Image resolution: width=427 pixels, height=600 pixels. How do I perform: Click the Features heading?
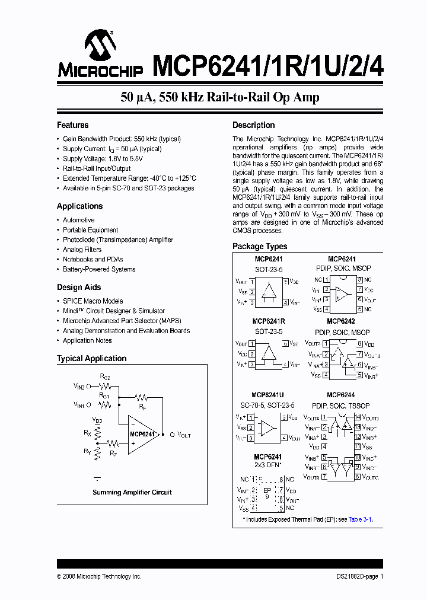point(72,125)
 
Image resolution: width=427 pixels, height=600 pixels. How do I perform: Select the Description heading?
point(253,125)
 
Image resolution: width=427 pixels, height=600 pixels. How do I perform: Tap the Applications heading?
point(79,206)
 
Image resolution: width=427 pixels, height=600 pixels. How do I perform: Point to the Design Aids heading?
point(78,287)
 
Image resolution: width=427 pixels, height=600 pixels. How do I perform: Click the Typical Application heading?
point(91,358)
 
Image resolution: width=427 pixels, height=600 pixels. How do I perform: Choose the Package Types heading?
point(260,246)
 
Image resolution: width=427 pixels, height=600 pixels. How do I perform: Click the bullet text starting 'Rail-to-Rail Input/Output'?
point(97,168)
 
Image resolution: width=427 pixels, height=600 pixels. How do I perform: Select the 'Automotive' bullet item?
point(79,220)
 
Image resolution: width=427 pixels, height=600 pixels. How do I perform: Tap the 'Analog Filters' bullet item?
point(82,250)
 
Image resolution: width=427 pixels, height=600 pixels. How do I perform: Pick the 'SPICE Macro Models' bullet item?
point(93,301)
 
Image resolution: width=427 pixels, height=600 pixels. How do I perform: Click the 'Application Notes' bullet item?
point(87,340)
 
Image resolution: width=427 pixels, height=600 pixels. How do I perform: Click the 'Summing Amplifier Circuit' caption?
point(132,492)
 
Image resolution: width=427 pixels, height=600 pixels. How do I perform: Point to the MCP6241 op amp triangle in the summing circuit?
point(141,435)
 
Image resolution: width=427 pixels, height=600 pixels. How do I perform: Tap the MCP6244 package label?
point(340,395)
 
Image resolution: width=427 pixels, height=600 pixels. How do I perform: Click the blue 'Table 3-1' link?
point(360,519)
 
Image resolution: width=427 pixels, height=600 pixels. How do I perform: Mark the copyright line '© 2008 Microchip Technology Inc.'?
point(99,576)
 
